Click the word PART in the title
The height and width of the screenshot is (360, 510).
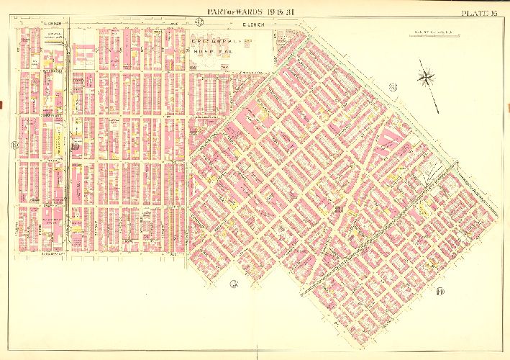point(217,12)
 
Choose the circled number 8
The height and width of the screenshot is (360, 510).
point(392,88)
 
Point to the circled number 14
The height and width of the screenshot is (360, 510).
point(440,291)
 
